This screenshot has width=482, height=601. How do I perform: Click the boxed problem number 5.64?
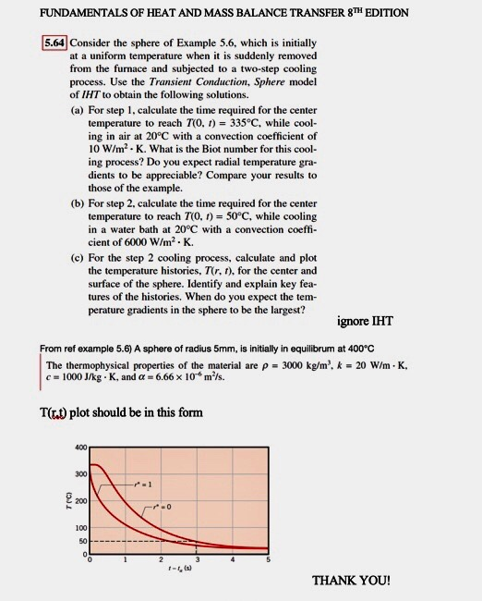point(54,43)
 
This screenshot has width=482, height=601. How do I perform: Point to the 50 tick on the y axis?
point(81,540)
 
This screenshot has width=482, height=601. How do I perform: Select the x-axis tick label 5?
point(269,559)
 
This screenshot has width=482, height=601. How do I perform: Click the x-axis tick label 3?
point(197,559)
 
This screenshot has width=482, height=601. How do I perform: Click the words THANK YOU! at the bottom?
point(351,581)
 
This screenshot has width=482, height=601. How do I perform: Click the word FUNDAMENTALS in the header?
point(52,13)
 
